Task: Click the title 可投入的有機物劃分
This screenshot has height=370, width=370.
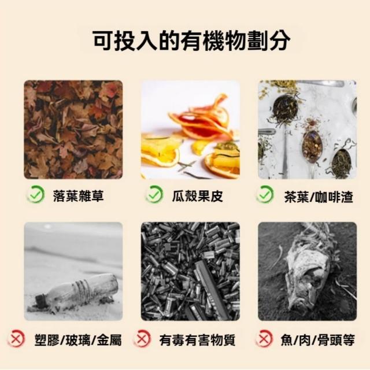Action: click(191, 41)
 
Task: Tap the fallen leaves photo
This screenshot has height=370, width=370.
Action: click(73, 129)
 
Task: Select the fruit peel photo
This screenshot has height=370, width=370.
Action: click(190, 129)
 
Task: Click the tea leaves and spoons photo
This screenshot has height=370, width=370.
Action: click(307, 129)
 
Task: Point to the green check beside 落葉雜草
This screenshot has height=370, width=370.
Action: click(36, 194)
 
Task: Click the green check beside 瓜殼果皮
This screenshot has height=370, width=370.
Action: click(154, 194)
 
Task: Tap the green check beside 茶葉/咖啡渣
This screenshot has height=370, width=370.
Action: click(265, 194)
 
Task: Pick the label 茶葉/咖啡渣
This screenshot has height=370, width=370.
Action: click(319, 197)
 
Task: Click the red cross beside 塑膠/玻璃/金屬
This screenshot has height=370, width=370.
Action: click(16, 339)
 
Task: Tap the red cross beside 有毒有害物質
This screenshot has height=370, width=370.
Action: click(142, 339)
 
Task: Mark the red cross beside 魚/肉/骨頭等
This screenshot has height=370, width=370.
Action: click(264, 339)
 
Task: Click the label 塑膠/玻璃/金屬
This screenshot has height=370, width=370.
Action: click(78, 340)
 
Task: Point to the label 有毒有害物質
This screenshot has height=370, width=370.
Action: click(197, 340)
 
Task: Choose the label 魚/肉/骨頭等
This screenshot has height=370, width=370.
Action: click(317, 340)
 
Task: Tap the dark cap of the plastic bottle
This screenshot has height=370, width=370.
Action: click(41, 299)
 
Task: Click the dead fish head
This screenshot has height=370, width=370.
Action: click(309, 279)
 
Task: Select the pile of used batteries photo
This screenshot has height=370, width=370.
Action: click(190, 271)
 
